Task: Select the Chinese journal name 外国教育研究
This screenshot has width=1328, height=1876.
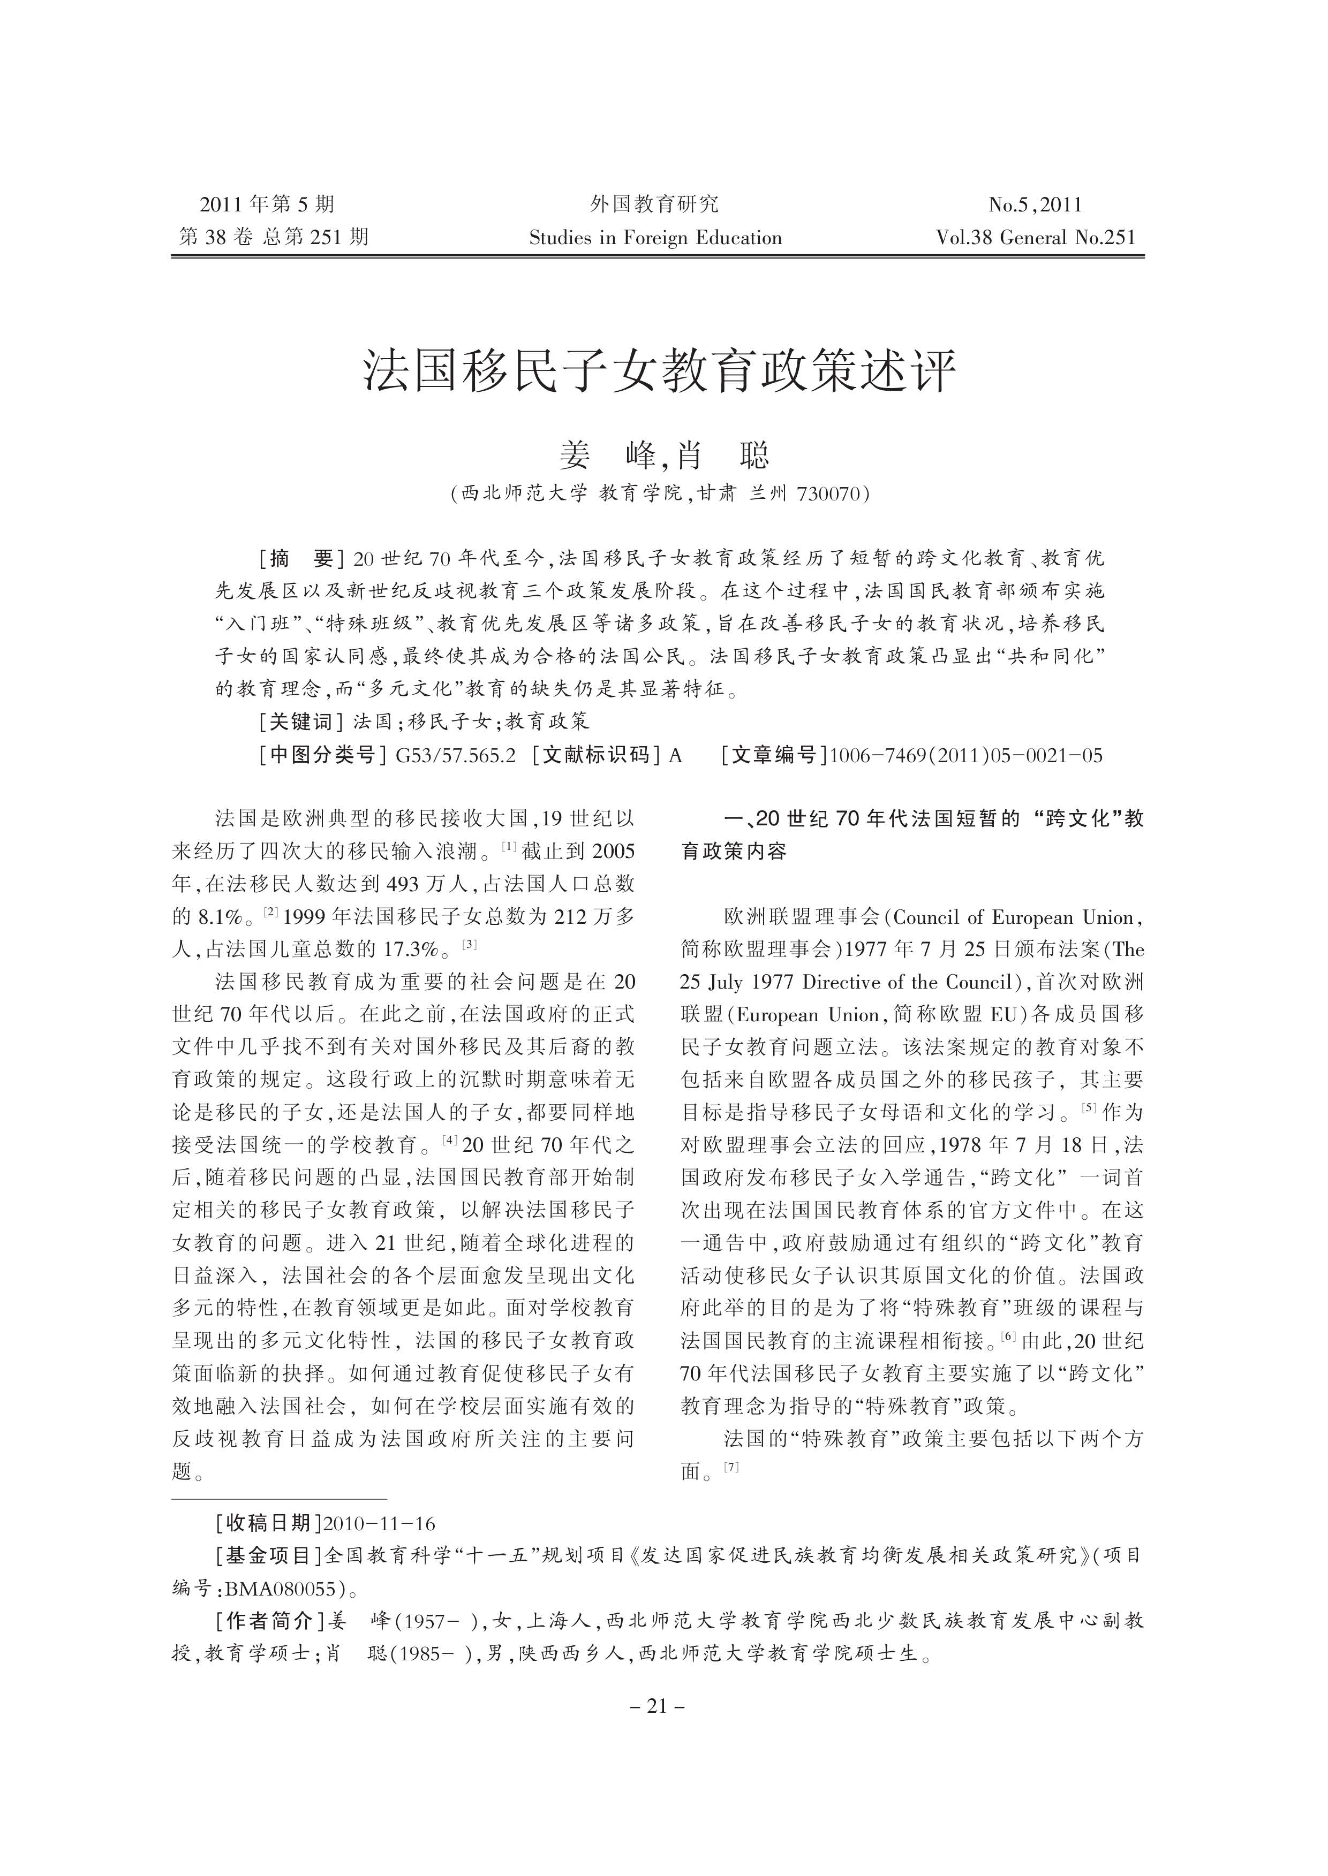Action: click(654, 203)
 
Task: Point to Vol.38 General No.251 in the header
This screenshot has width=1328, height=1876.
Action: click(1036, 238)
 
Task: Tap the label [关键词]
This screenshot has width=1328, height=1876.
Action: click(300, 721)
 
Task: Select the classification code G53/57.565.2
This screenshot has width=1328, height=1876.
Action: click(456, 755)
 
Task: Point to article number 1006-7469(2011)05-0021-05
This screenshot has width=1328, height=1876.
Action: click(965, 755)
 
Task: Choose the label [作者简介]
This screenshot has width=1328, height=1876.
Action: click(270, 1621)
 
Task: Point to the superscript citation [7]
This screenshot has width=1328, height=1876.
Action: click(731, 1467)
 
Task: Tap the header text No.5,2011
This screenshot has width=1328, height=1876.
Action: click(1035, 204)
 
